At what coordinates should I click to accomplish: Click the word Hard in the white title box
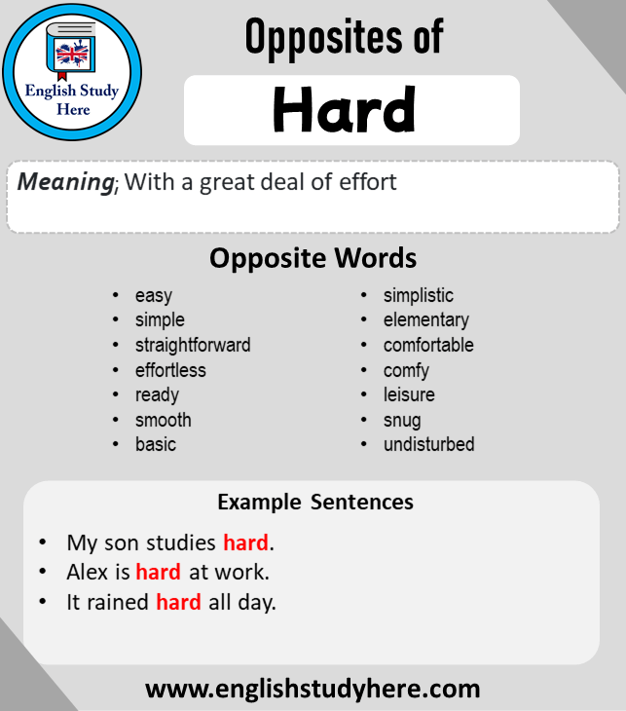click(344, 110)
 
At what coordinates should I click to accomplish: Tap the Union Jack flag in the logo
click(71, 54)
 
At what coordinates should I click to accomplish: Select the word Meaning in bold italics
click(66, 182)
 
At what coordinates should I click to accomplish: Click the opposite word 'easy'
click(154, 296)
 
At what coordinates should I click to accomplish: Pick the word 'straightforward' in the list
click(193, 345)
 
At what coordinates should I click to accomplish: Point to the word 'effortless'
click(170, 370)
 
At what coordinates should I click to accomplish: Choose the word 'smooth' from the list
click(164, 420)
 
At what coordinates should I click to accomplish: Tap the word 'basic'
click(156, 444)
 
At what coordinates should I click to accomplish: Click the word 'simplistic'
click(419, 296)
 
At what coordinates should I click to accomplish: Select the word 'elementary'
click(426, 320)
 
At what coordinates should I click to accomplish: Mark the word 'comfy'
click(406, 371)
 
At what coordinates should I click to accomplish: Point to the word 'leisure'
click(409, 394)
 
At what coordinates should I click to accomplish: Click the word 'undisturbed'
click(428, 444)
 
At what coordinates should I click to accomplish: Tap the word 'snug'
click(402, 421)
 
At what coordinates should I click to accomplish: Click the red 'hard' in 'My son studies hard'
click(245, 543)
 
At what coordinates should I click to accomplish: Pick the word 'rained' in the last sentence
click(118, 602)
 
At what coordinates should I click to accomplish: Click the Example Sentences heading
click(315, 502)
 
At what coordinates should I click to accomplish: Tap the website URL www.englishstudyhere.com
click(313, 689)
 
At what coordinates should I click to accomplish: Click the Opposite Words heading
click(313, 258)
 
